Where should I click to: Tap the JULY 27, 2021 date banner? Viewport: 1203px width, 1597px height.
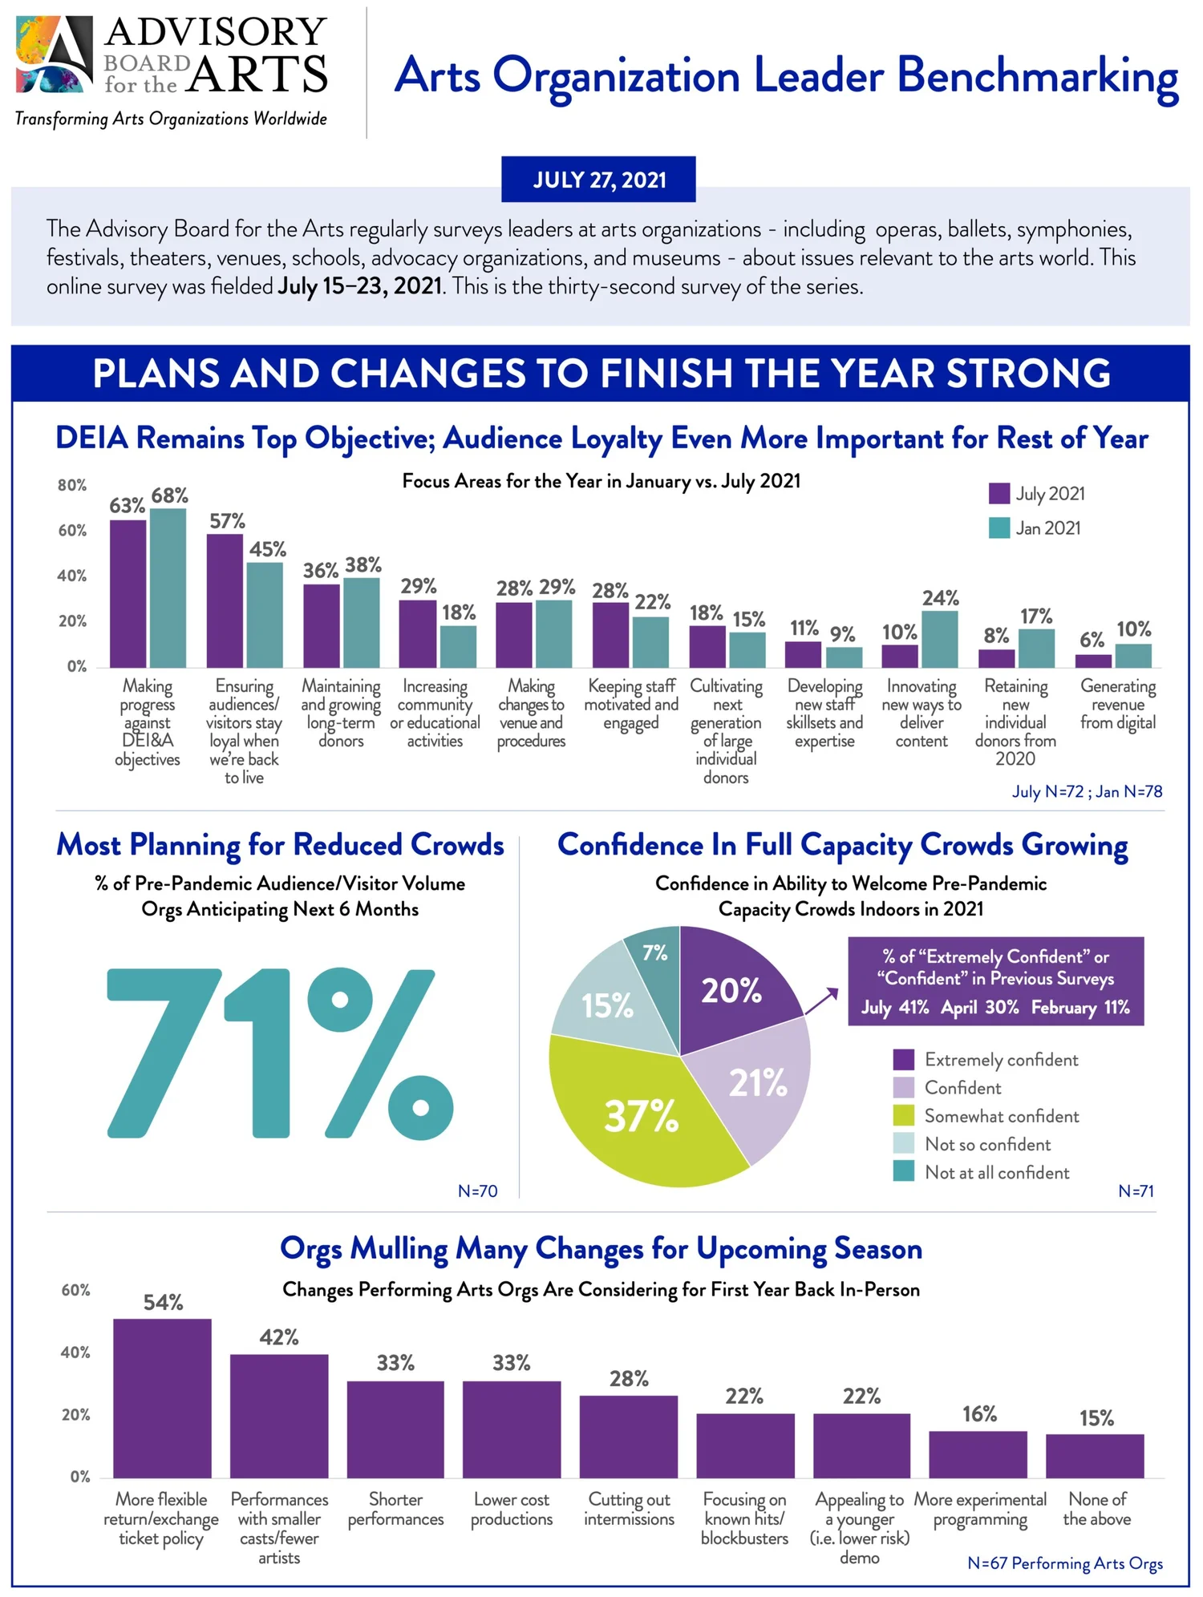tap(598, 180)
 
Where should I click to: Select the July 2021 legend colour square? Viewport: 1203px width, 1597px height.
tap(998, 493)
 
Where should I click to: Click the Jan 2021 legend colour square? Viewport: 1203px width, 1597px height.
tap(998, 528)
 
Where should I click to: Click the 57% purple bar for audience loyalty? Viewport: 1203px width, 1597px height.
tap(225, 600)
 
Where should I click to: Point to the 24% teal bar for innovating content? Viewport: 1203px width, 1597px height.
tap(939, 639)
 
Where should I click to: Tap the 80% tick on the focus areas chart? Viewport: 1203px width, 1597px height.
tap(72, 485)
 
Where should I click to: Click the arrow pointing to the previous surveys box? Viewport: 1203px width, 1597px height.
tap(822, 1001)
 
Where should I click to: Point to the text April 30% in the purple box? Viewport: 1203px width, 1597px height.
tap(979, 1007)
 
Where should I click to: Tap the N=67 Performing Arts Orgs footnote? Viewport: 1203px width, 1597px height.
tap(1064, 1563)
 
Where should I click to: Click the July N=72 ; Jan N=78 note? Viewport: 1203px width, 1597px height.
tap(1086, 791)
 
